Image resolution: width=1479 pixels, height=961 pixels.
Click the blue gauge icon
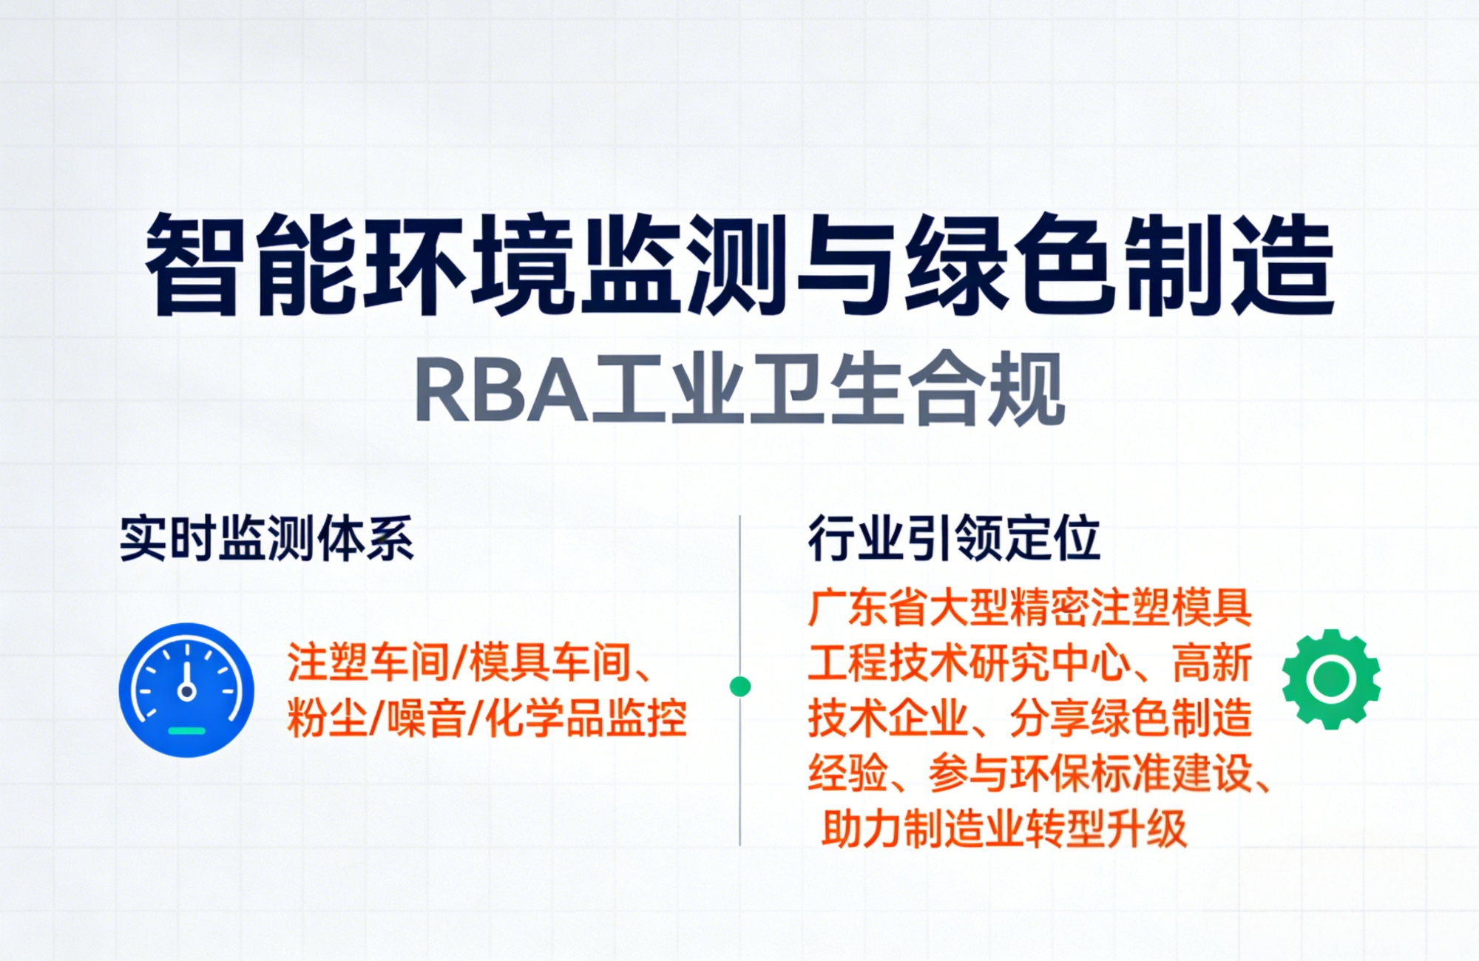(x=186, y=690)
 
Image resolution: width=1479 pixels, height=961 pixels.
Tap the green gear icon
(x=1331, y=679)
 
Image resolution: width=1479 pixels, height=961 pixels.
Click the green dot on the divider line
(x=740, y=687)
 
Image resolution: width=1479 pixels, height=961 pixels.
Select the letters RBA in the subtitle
(x=501, y=391)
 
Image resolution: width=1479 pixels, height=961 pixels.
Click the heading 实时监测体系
(x=267, y=537)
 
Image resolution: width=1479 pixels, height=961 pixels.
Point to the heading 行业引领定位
(x=954, y=537)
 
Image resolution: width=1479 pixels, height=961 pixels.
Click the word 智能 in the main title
(x=248, y=265)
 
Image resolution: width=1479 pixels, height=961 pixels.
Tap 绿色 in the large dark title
(x=1009, y=265)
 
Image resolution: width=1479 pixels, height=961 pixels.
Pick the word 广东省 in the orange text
(x=868, y=608)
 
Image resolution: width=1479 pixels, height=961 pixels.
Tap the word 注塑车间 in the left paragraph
(x=368, y=662)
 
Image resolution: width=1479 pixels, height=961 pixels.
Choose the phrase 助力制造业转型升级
(x=1004, y=829)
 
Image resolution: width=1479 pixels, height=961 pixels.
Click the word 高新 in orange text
(x=1213, y=662)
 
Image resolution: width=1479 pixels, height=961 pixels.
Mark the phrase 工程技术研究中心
(x=969, y=662)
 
